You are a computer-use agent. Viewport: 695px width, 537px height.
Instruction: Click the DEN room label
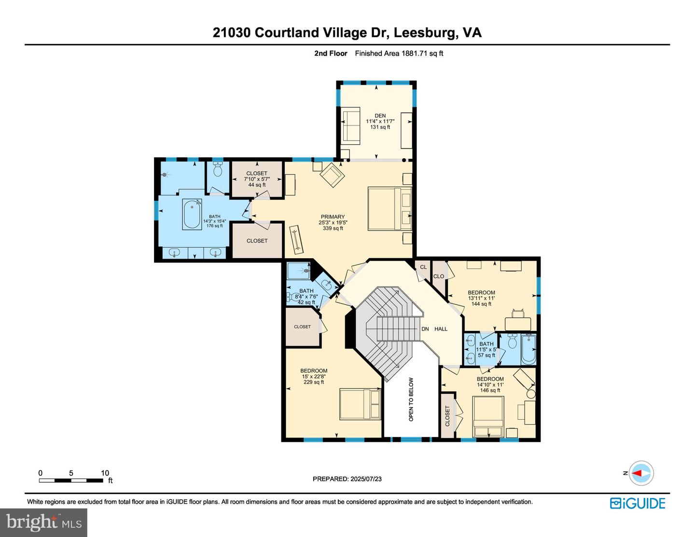click(x=380, y=116)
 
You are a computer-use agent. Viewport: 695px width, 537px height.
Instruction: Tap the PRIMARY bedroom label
click(x=333, y=217)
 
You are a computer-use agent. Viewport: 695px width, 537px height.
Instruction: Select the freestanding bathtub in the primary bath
click(x=192, y=214)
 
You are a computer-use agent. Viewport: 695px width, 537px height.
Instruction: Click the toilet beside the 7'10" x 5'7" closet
click(x=218, y=169)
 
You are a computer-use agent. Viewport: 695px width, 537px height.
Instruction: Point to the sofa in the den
click(x=351, y=124)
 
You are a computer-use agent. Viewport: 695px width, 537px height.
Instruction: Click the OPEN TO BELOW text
click(x=411, y=399)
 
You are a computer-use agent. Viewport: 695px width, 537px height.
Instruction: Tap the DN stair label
click(x=425, y=329)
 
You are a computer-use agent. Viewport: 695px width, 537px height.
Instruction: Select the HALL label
click(x=441, y=329)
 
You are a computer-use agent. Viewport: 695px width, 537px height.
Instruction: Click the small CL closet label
click(x=423, y=267)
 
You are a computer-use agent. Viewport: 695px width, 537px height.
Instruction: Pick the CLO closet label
click(x=439, y=276)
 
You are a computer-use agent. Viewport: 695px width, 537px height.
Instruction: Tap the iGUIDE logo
click(x=638, y=503)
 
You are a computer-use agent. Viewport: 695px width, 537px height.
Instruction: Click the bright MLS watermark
click(x=44, y=523)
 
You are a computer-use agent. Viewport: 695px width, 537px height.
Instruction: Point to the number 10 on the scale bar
click(x=105, y=473)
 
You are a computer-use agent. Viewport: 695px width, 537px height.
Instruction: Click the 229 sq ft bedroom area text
click(x=314, y=382)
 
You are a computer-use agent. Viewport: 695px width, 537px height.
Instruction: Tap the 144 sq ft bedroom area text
click(x=481, y=303)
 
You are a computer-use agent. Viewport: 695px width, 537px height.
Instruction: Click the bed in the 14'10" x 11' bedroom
click(x=489, y=417)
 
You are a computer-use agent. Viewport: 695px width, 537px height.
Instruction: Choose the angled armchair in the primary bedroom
click(x=332, y=175)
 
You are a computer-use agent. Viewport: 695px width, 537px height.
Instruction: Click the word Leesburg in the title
click(x=424, y=33)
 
